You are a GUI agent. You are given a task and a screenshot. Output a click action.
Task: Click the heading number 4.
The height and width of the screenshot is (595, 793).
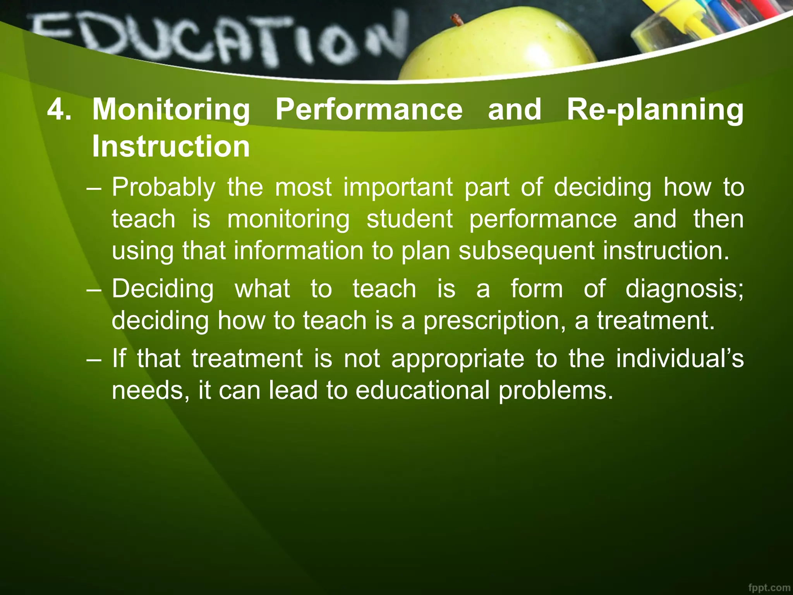pyautogui.click(x=59, y=110)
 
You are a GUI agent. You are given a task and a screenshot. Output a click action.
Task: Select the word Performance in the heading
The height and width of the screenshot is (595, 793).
pyautogui.click(x=369, y=110)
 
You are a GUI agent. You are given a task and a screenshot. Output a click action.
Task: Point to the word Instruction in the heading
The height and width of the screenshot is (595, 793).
pyautogui.click(x=171, y=146)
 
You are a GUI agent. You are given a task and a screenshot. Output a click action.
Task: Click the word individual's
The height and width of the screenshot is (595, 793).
pyautogui.click(x=680, y=358)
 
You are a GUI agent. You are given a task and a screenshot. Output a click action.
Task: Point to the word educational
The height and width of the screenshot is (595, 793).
pyautogui.click(x=422, y=390)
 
